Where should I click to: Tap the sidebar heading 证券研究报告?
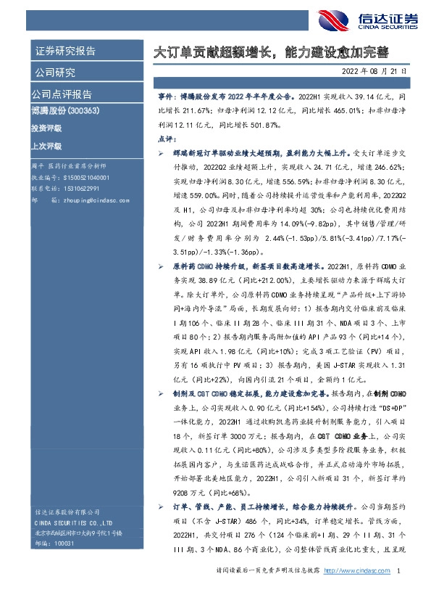pyautogui.click(x=64, y=52)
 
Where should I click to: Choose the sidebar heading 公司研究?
pyautogui.click(x=54, y=73)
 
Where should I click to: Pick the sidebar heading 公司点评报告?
pyautogui.click(x=61, y=94)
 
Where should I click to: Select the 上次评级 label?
pyautogui.click(x=46, y=145)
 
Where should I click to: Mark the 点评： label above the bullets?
pyautogui.click(x=167, y=139)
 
